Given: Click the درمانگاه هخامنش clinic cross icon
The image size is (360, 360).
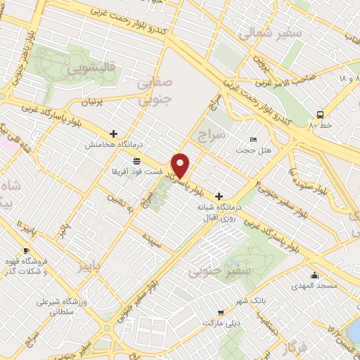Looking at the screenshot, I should point(114,133).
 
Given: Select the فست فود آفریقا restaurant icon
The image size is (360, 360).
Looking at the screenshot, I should point(136,162).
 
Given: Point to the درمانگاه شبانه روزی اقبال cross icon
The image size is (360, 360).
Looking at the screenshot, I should point(219,196).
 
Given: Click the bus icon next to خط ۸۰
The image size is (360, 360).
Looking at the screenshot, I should point(321,114).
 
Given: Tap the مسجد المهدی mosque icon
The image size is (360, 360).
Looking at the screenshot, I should point(314,276).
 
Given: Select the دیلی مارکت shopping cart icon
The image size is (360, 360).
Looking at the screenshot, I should point(221,312).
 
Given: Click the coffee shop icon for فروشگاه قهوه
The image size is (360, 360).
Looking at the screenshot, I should point(26,250).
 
